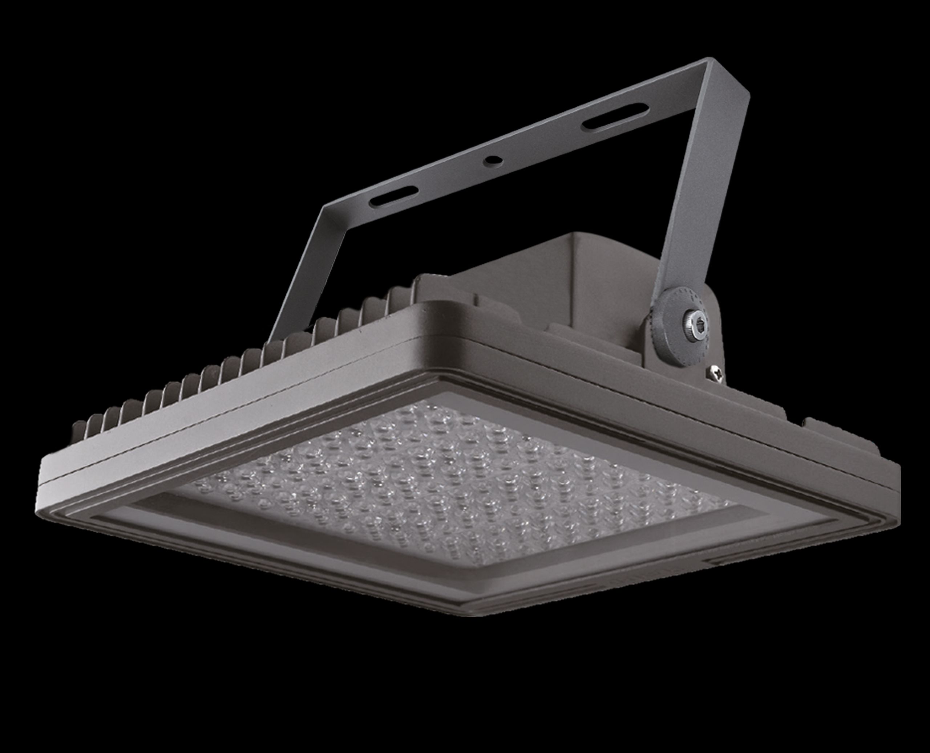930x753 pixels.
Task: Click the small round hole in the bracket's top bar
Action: pyautogui.click(x=491, y=160)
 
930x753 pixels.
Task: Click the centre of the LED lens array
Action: pyautogui.click(x=456, y=486)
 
